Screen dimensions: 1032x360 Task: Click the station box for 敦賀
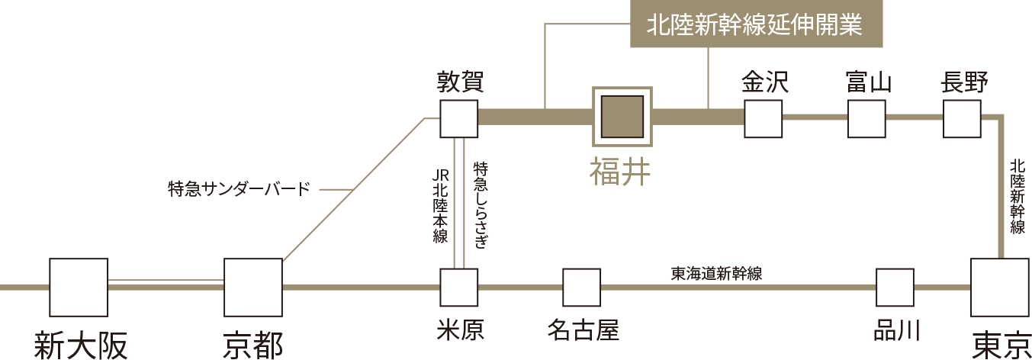[458, 118]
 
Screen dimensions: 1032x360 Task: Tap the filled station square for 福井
[622, 117]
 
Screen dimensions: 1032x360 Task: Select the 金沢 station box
[763, 118]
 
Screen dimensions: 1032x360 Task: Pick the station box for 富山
[866, 118]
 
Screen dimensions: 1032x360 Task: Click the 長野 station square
[962, 118]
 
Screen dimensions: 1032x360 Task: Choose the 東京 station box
[1000, 288]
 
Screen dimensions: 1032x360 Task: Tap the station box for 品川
[895, 288]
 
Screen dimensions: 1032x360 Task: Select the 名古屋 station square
[581, 288]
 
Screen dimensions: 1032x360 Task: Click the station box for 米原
[458, 288]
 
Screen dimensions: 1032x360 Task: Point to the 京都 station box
[253, 288]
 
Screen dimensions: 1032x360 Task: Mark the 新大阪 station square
[79, 288]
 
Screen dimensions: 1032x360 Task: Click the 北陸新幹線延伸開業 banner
[756, 24]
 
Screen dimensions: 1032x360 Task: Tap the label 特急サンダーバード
[239, 189]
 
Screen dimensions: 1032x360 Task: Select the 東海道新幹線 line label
[716, 273]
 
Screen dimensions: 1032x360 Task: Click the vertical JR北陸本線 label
[440, 205]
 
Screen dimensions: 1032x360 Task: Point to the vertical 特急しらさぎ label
[480, 204]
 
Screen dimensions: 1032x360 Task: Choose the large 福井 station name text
[619, 171]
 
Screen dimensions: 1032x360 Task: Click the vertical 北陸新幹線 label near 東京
[1017, 197]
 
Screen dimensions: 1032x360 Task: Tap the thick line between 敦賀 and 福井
[535, 117]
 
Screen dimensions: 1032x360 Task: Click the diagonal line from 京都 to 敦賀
[353, 189]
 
